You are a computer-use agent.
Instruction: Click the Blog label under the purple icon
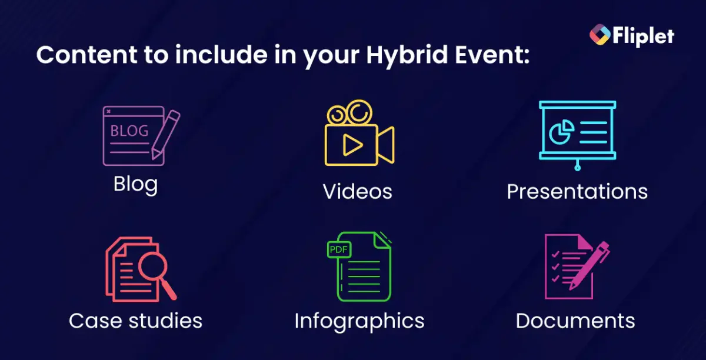(135, 184)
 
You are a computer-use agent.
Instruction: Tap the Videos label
(357, 191)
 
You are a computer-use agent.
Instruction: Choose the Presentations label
(577, 191)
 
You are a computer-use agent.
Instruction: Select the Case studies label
(135, 321)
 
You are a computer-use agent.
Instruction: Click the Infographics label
(359, 321)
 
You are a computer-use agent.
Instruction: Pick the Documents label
(575, 321)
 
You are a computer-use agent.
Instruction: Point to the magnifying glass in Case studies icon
(155, 272)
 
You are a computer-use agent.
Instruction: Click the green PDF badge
(339, 249)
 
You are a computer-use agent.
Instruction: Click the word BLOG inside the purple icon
(129, 131)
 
